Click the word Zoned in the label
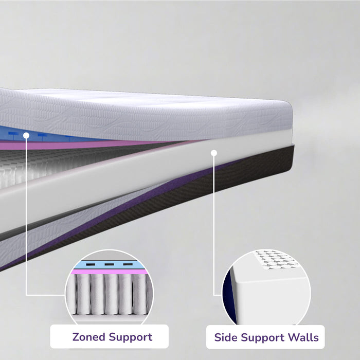click(89, 337)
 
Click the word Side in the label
click(226, 337)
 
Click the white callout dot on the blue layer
click(26, 135)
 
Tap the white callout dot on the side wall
click(214, 153)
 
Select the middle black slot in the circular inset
click(109, 264)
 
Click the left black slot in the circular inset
click(91, 264)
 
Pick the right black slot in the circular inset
click(128, 264)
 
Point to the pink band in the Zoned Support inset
click(109, 272)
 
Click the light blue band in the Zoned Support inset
click(109, 265)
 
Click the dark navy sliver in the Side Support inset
click(229, 297)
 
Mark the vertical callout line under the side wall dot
click(214, 226)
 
